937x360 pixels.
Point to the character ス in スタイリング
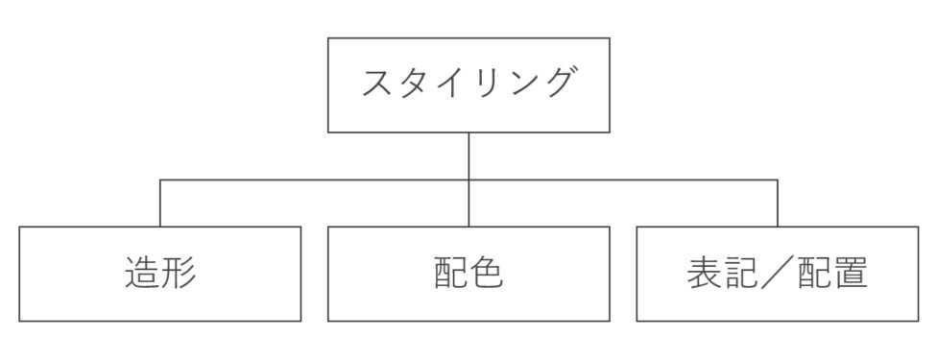click(378, 84)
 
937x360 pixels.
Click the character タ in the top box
click(415, 84)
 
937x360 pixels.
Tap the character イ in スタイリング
click(450, 84)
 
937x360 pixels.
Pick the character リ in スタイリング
click(486, 84)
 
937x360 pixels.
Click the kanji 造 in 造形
click(142, 274)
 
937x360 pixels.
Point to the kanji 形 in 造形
click(179, 274)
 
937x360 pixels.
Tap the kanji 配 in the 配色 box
click(450, 274)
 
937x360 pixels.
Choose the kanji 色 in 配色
click(487, 274)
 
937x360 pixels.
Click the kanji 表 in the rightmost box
click(706, 274)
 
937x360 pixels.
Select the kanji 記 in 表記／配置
click(741, 274)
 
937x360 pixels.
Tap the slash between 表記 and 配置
click(778, 274)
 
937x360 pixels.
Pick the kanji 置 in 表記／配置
click(850, 274)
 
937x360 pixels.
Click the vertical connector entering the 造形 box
click(159, 204)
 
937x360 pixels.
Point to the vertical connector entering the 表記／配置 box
click(777, 204)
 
